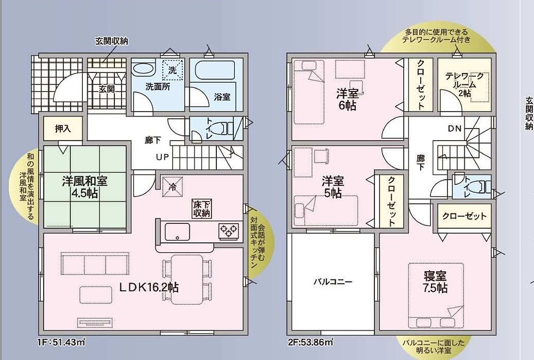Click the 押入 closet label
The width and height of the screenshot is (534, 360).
pyautogui.click(x=63, y=129)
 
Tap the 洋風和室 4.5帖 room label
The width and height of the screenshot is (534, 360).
pyautogui.click(x=85, y=187)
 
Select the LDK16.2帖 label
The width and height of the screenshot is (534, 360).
pyautogui.click(x=148, y=288)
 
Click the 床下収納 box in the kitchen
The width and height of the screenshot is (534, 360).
pyautogui.click(x=202, y=208)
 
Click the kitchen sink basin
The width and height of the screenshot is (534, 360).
pyautogui.click(x=178, y=232)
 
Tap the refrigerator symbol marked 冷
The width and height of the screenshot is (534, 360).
pyautogui.click(x=172, y=187)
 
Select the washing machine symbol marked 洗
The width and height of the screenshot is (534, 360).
pyautogui.click(x=173, y=70)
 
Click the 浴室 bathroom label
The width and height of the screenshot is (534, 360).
pyautogui.click(x=222, y=97)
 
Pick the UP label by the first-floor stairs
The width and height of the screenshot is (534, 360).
pyautogui.click(x=162, y=157)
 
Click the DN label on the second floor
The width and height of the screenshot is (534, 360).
pyautogui.click(x=454, y=129)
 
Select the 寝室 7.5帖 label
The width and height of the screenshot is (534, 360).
pyautogui.click(x=435, y=282)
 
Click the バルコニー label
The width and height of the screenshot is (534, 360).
pyautogui.click(x=333, y=282)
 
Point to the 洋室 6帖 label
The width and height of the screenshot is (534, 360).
pyautogui.click(x=347, y=99)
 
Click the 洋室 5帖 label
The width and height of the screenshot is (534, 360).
pyautogui.click(x=333, y=187)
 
